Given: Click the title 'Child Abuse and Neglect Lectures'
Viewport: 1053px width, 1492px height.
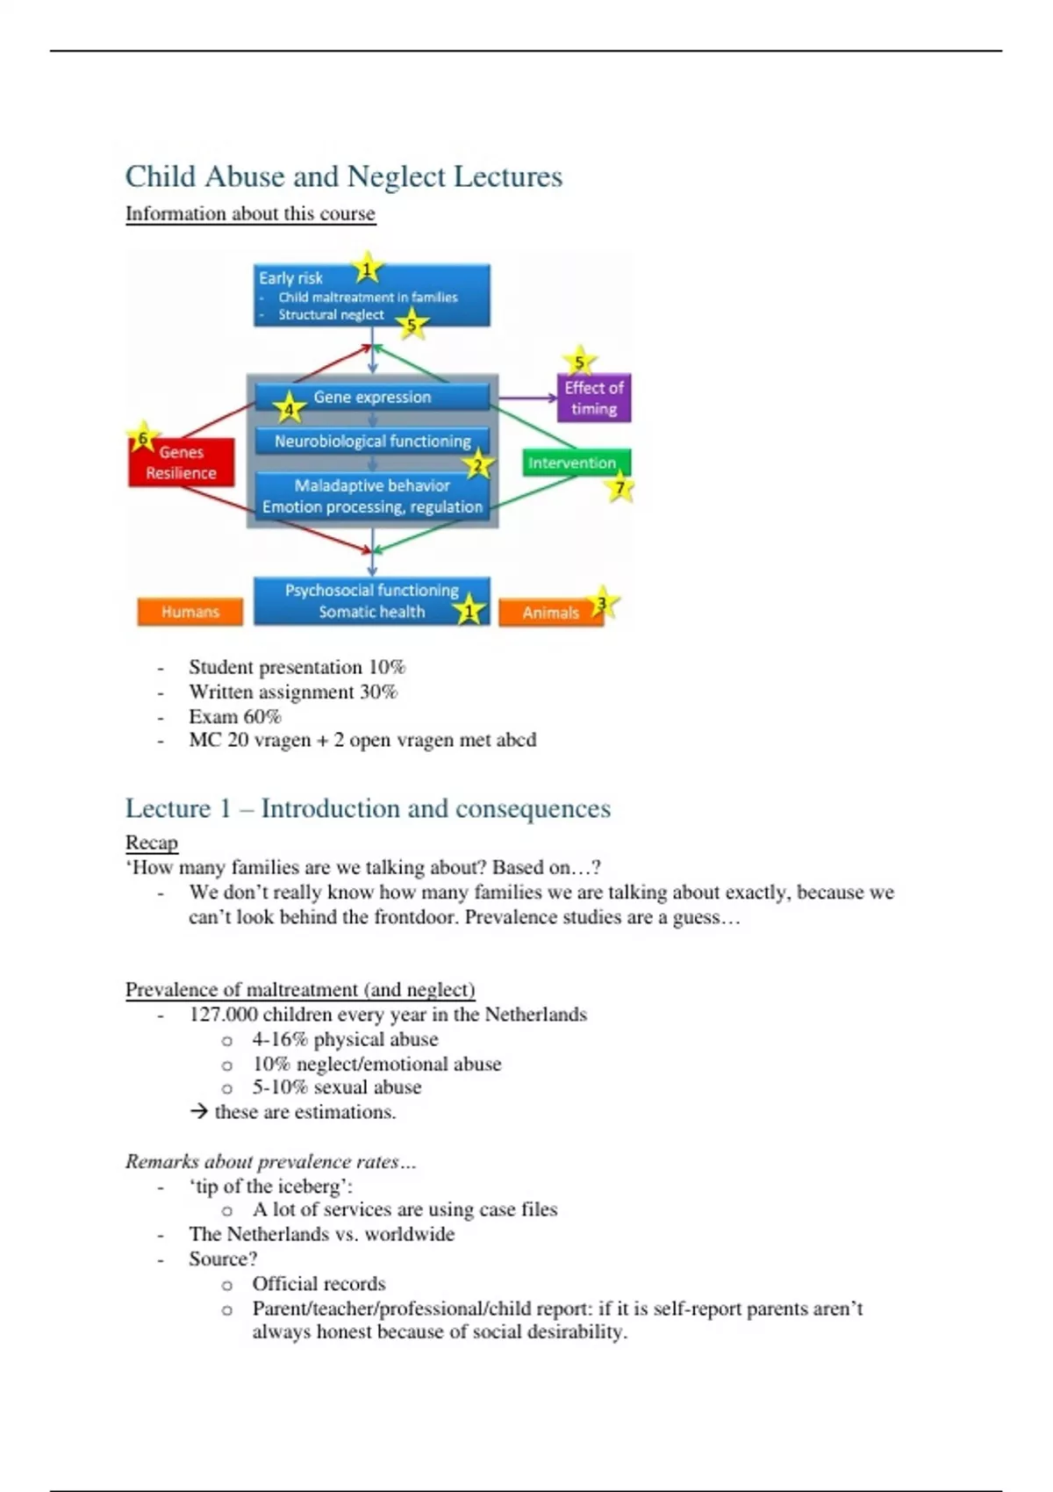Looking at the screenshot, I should tap(343, 176).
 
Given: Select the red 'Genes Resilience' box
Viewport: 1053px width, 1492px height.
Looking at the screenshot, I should tap(182, 463).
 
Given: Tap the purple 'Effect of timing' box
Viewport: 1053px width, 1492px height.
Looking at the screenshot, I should tap(594, 398).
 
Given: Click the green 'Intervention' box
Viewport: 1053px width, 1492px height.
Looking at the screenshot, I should tap(571, 463).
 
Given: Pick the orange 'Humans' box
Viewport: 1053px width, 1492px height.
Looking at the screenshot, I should tap(190, 612).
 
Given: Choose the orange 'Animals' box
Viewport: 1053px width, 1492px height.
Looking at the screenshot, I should tap(550, 613).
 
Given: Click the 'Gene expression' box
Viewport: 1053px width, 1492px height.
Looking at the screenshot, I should tap(372, 397).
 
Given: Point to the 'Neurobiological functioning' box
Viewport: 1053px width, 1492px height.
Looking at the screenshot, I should tap(372, 441).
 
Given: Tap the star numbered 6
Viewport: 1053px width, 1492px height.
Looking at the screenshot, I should tap(143, 437).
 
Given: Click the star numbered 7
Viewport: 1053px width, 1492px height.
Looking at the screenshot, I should tap(620, 487).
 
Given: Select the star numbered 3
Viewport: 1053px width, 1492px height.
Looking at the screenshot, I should tap(602, 603).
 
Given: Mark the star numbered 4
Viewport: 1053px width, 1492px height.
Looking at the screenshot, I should tap(289, 408).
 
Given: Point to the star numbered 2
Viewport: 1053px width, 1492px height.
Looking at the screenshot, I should tap(478, 465).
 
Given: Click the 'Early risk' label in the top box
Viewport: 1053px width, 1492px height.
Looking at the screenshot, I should tap(290, 277).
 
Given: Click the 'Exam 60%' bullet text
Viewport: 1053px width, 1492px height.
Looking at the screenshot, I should tap(235, 716).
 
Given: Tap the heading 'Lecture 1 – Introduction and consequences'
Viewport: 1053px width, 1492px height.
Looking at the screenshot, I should tap(368, 808).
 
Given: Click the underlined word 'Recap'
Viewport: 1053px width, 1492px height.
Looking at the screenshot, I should tap(151, 843).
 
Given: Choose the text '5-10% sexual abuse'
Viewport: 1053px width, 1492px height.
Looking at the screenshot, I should tap(336, 1087).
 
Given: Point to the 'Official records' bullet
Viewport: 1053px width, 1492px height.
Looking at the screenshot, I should tap(319, 1283).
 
